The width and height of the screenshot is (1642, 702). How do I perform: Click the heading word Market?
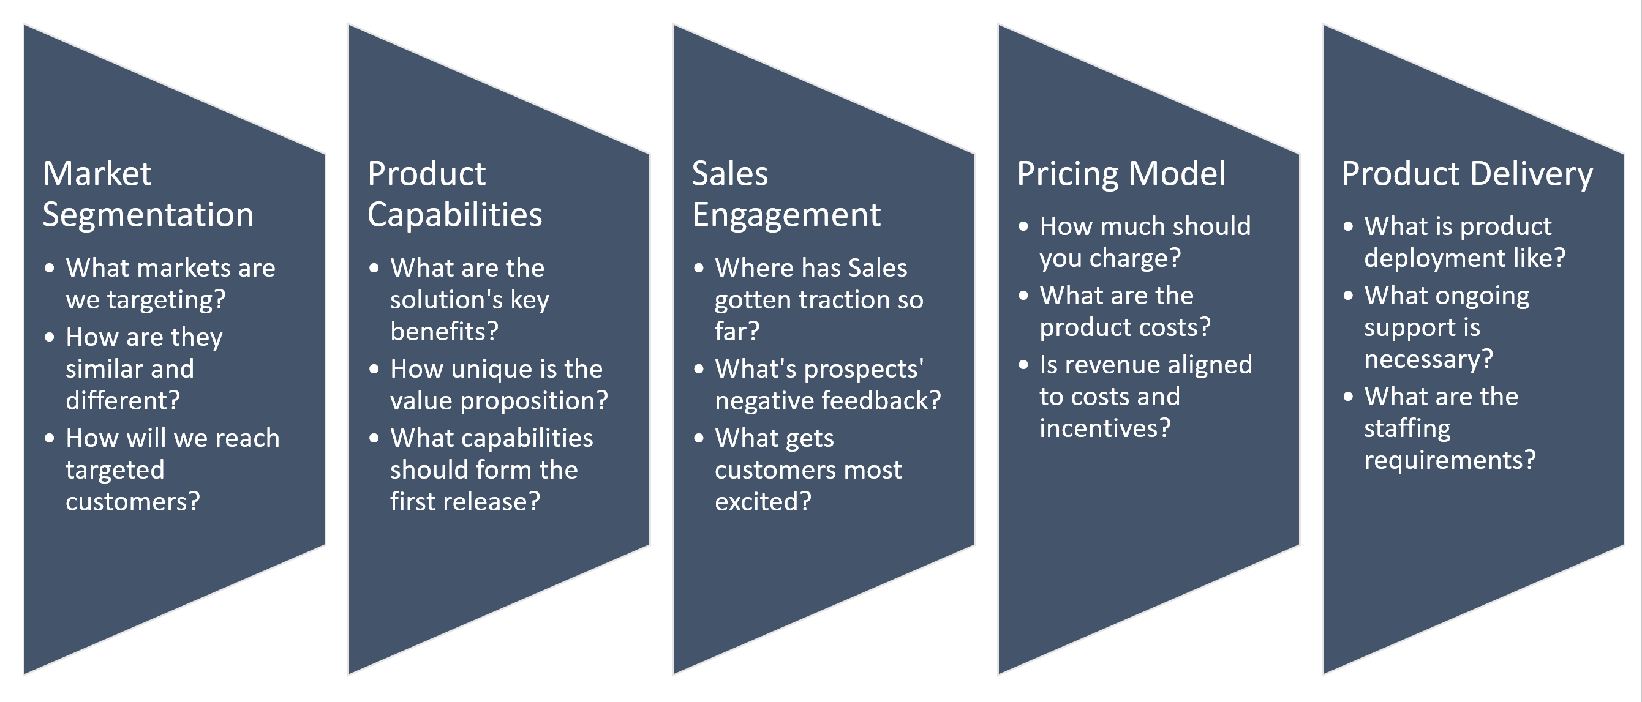(x=97, y=173)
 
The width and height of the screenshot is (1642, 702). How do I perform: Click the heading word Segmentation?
(x=148, y=215)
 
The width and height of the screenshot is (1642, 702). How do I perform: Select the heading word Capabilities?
(x=454, y=215)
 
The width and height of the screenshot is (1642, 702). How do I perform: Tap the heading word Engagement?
(x=786, y=215)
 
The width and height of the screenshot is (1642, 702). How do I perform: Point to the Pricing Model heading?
(x=1121, y=174)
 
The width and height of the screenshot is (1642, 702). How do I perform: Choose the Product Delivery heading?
(x=1467, y=174)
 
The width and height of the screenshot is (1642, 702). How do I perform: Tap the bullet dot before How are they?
(x=49, y=338)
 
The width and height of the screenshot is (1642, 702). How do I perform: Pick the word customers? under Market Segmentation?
(x=132, y=502)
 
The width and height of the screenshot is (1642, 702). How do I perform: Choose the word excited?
(x=763, y=502)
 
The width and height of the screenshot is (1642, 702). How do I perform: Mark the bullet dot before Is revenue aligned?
(x=1023, y=365)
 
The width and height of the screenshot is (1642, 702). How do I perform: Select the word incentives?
(x=1105, y=428)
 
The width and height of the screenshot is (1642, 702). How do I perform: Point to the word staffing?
(x=1407, y=428)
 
